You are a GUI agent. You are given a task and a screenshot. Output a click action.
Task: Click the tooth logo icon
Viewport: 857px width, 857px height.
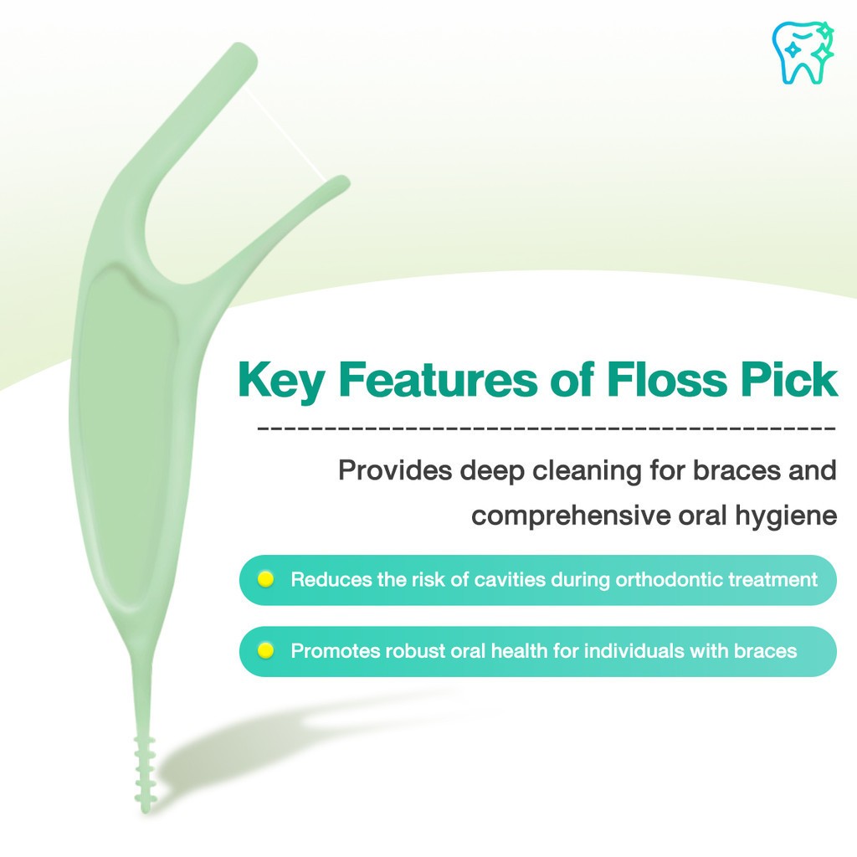tap(803, 53)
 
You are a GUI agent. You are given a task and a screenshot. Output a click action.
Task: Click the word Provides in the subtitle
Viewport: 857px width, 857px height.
tap(395, 470)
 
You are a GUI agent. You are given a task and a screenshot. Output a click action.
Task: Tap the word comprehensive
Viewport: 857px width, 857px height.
tap(571, 516)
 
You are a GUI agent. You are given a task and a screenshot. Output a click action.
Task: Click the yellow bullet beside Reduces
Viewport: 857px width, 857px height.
tap(265, 579)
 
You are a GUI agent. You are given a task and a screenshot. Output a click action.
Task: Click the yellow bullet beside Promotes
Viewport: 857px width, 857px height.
tap(265, 650)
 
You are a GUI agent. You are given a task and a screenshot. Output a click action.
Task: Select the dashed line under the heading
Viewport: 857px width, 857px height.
tap(547, 428)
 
